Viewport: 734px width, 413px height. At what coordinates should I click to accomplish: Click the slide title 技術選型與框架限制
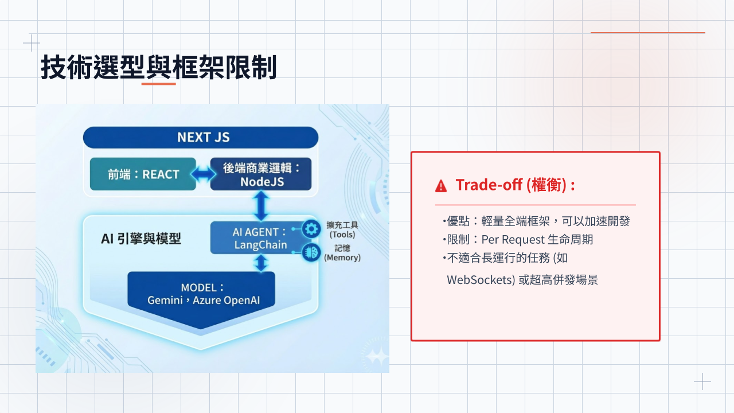coord(159,68)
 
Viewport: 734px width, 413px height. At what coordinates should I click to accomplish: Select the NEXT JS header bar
coord(201,138)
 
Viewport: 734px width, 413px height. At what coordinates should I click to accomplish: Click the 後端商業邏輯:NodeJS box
coord(261,174)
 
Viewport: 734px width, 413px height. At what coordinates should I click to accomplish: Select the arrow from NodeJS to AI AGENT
coord(261,206)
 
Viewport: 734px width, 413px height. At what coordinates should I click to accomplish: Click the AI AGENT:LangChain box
coord(259,238)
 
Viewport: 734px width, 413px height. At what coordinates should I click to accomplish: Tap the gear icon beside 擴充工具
coord(311,229)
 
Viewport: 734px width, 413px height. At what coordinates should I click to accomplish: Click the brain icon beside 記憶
coord(311,252)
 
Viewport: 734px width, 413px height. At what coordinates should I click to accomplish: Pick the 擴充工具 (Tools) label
coord(342,229)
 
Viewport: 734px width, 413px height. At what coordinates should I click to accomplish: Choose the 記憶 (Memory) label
coord(342,253)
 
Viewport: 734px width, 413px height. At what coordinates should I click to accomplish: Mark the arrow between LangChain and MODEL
coord(261,263)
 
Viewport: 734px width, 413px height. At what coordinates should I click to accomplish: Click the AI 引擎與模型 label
coord(141,239)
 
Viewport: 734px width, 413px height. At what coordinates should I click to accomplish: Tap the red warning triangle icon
coord(441,185)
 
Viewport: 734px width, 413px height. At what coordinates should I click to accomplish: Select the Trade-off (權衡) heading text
coord(515,185)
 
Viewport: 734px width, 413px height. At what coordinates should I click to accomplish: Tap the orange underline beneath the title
coord(158,84)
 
